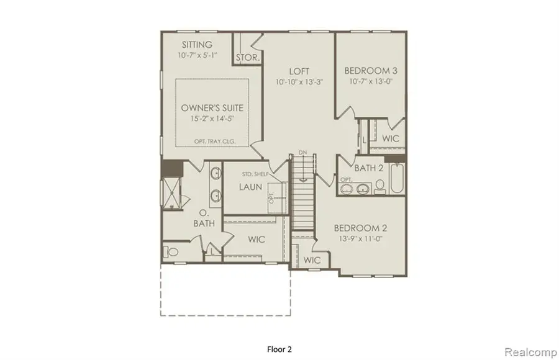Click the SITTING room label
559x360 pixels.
point(196,45)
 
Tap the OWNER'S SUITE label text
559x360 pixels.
point(212,108)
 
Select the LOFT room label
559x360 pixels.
point(298,71)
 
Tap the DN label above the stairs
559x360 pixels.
point(302,152)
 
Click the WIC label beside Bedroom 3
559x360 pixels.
point(391,138)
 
